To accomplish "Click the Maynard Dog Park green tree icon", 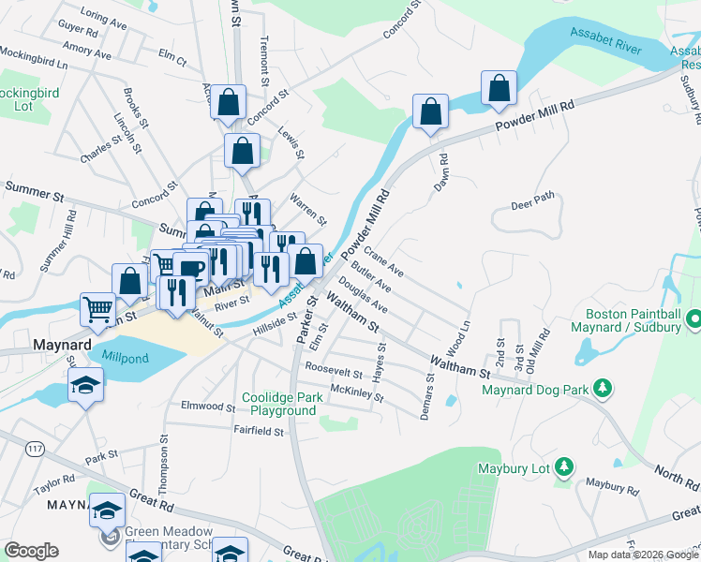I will click(604, 387).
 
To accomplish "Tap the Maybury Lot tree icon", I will click(563, 466).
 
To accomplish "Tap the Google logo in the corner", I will click(31, 551).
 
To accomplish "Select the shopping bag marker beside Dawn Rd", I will click(430, 111).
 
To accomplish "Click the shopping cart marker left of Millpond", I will click(97, 308).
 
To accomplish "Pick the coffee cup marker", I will click(191, 269).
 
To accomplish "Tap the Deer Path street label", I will click(532, 200).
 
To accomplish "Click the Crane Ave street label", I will click(383, 261).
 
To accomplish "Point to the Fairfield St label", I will click(260, 431).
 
